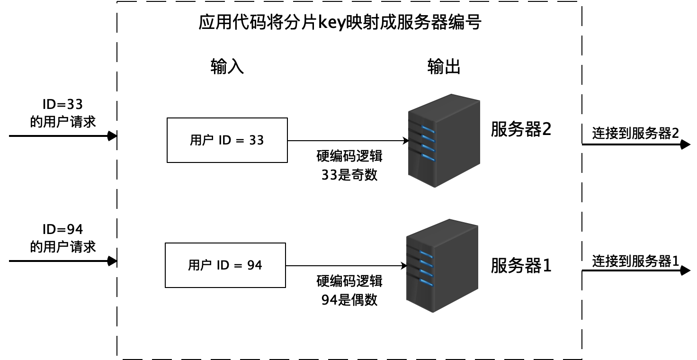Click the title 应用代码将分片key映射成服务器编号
click(340, 22)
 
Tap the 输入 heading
click(227, 67)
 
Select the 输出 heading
click(444, 67)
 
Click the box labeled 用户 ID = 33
click(227, 140)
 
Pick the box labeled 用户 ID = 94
click(225, 265)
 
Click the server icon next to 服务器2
click(444, 140)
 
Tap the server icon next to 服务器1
click(442, 265)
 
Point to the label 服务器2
click(521, 129)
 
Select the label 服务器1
click(521, 266)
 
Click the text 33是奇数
click(349, 175)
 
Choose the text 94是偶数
click(349, 300)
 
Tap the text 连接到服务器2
click(635, 133)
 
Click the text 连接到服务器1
click(635, 261)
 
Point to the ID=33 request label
click(63, 113)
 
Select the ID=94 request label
click(63, 238)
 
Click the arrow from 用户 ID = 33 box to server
click(348, 141)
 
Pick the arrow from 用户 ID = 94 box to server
click(346, 266)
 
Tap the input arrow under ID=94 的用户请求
click(63, 261)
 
